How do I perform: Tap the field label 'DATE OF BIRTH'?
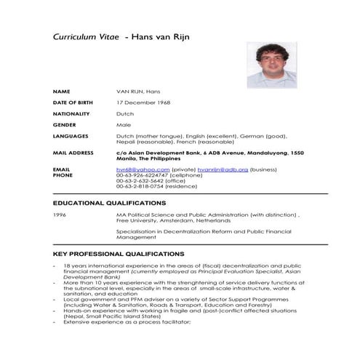(74, 103)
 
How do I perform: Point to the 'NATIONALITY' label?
(71, 113)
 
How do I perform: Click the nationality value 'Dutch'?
(125, 113)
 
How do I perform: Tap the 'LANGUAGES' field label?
(71, 136)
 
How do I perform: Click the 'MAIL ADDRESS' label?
(73, 153)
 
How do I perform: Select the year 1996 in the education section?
(60, 215)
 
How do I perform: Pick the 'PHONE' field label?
(63, 175)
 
